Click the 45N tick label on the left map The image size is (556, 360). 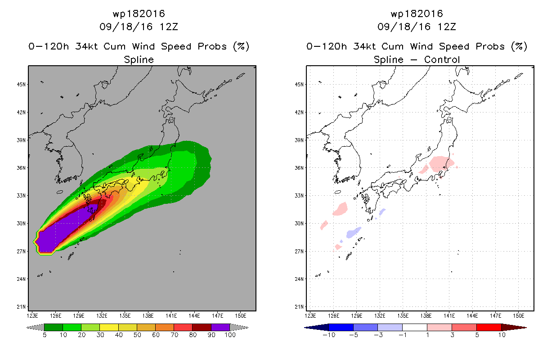tap(21, 85)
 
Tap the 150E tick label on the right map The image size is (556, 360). tap(519, 316)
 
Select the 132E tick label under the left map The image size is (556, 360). tap(102, 316)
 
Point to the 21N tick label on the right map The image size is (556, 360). tap(299, 307)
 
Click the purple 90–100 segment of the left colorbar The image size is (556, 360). tap(220, 327)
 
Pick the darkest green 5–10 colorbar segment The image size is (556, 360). tap(54, 327)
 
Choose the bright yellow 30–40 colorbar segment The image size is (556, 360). tap(109, 327)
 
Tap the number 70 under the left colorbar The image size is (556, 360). tap(174, 335)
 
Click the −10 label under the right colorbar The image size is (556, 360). tap(329, 335)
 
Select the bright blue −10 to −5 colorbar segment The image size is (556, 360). tap(341, 327)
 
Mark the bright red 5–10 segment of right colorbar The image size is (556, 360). tap(489, 327)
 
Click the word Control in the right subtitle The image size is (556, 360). tap(442, 59)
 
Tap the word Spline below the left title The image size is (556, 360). tap(139, 59)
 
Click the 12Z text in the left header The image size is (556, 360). tap(169, 27)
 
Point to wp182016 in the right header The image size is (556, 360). tap(417, 13)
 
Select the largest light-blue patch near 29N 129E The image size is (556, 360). tap(353, 233)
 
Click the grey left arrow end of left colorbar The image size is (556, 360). tap(35, 327)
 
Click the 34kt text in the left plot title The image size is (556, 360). tap(86, 46)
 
